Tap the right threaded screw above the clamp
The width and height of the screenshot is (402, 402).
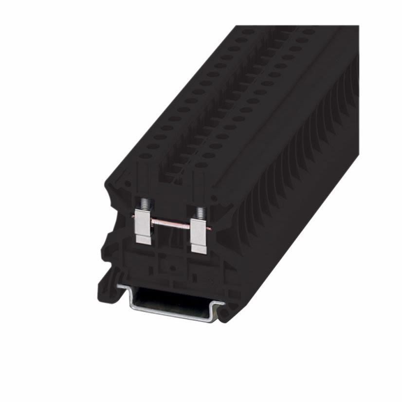200,212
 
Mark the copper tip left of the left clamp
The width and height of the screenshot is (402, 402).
133,216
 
